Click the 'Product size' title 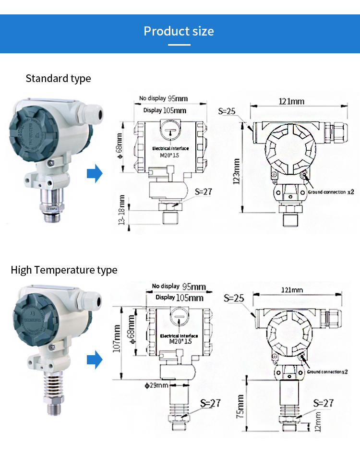tap(179, 32)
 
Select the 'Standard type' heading tap(58, 78)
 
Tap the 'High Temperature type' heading tap(64, 270)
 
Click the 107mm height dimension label tap(116, 338)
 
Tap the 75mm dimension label tap(240, 406)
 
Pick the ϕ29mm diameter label tap(157, 385)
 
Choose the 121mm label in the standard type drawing tap(291, 101)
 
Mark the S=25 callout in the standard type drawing tap(226, 111)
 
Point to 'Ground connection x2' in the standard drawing tap(331, 192)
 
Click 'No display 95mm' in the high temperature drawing tap(179, 287)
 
